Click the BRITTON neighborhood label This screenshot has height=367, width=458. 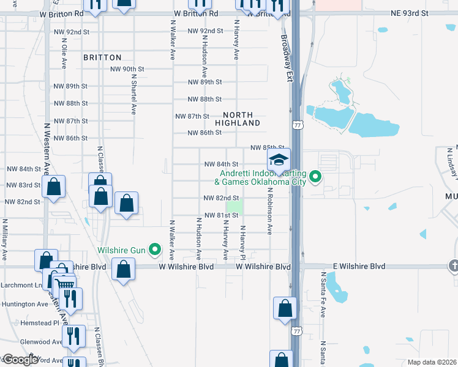tap(102, 57)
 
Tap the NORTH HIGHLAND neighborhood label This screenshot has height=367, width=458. tap(241, 119)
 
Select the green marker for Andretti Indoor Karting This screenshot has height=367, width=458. tap(315, 177)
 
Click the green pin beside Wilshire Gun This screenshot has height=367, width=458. tap(155, 249)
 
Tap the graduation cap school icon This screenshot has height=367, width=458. tap(278, 161)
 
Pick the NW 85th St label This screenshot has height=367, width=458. tap(268, 147)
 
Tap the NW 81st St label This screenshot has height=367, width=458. tap(221, 215)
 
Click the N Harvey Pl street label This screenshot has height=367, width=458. tap(242, 242)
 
